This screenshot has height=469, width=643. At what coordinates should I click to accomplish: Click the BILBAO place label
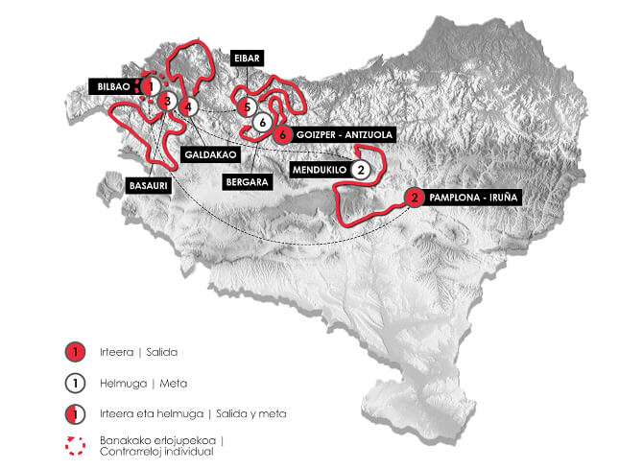(112, 86)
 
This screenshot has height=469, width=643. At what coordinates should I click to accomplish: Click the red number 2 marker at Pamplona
(414, 198)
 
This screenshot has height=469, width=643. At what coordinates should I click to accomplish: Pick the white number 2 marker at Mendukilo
(359, 170)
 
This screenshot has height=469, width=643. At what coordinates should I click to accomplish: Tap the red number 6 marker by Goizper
(282, 135)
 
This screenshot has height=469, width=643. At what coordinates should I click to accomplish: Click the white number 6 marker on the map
(262, 122)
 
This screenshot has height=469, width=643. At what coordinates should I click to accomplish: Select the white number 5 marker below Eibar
(248, 106)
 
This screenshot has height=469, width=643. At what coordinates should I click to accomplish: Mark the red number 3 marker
(167, 101)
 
